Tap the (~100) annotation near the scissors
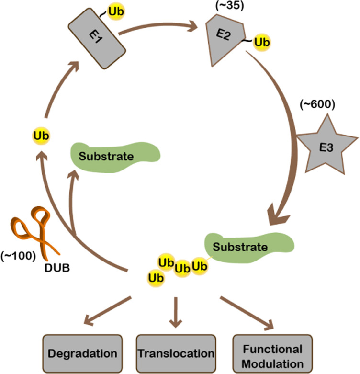(x=18, y=256)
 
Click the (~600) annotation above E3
(x=317, y=104)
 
